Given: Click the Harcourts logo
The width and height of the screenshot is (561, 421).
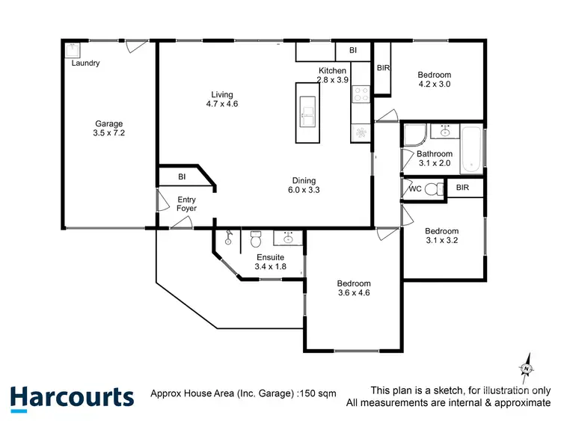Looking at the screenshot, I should [x=72, y=396].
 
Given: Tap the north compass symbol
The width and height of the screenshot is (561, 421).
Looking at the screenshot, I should [x=526, y=368].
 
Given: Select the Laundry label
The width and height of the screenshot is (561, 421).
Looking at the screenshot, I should [x=85, y=64].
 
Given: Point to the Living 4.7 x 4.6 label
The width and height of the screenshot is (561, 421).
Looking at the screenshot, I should [x=222, y=99].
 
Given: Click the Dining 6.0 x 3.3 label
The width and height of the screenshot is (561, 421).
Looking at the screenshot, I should [x=304, y=185].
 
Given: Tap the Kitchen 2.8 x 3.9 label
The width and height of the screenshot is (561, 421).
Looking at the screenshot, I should [x=331, y=75].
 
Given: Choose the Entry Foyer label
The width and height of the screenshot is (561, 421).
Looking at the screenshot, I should [x=186, y=204].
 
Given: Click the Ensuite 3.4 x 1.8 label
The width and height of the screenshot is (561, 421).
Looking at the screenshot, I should [x=271, y=261].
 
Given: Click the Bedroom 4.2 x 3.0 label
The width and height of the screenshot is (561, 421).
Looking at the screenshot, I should [x=434, y=79].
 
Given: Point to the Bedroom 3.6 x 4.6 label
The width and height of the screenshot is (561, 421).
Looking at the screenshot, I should [x=354, y=289].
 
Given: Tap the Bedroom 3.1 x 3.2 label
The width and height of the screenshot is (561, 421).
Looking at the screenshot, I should [x=441, y=236].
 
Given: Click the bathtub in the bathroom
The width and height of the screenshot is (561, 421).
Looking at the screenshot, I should [x=470, y=150].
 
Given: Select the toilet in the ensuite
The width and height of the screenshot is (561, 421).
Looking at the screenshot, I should [x=255, y=240].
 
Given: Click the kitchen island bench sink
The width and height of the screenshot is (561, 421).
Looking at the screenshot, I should [x=307, y=116].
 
